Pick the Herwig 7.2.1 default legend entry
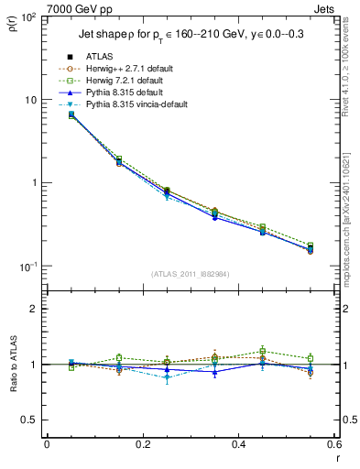point(123,81)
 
